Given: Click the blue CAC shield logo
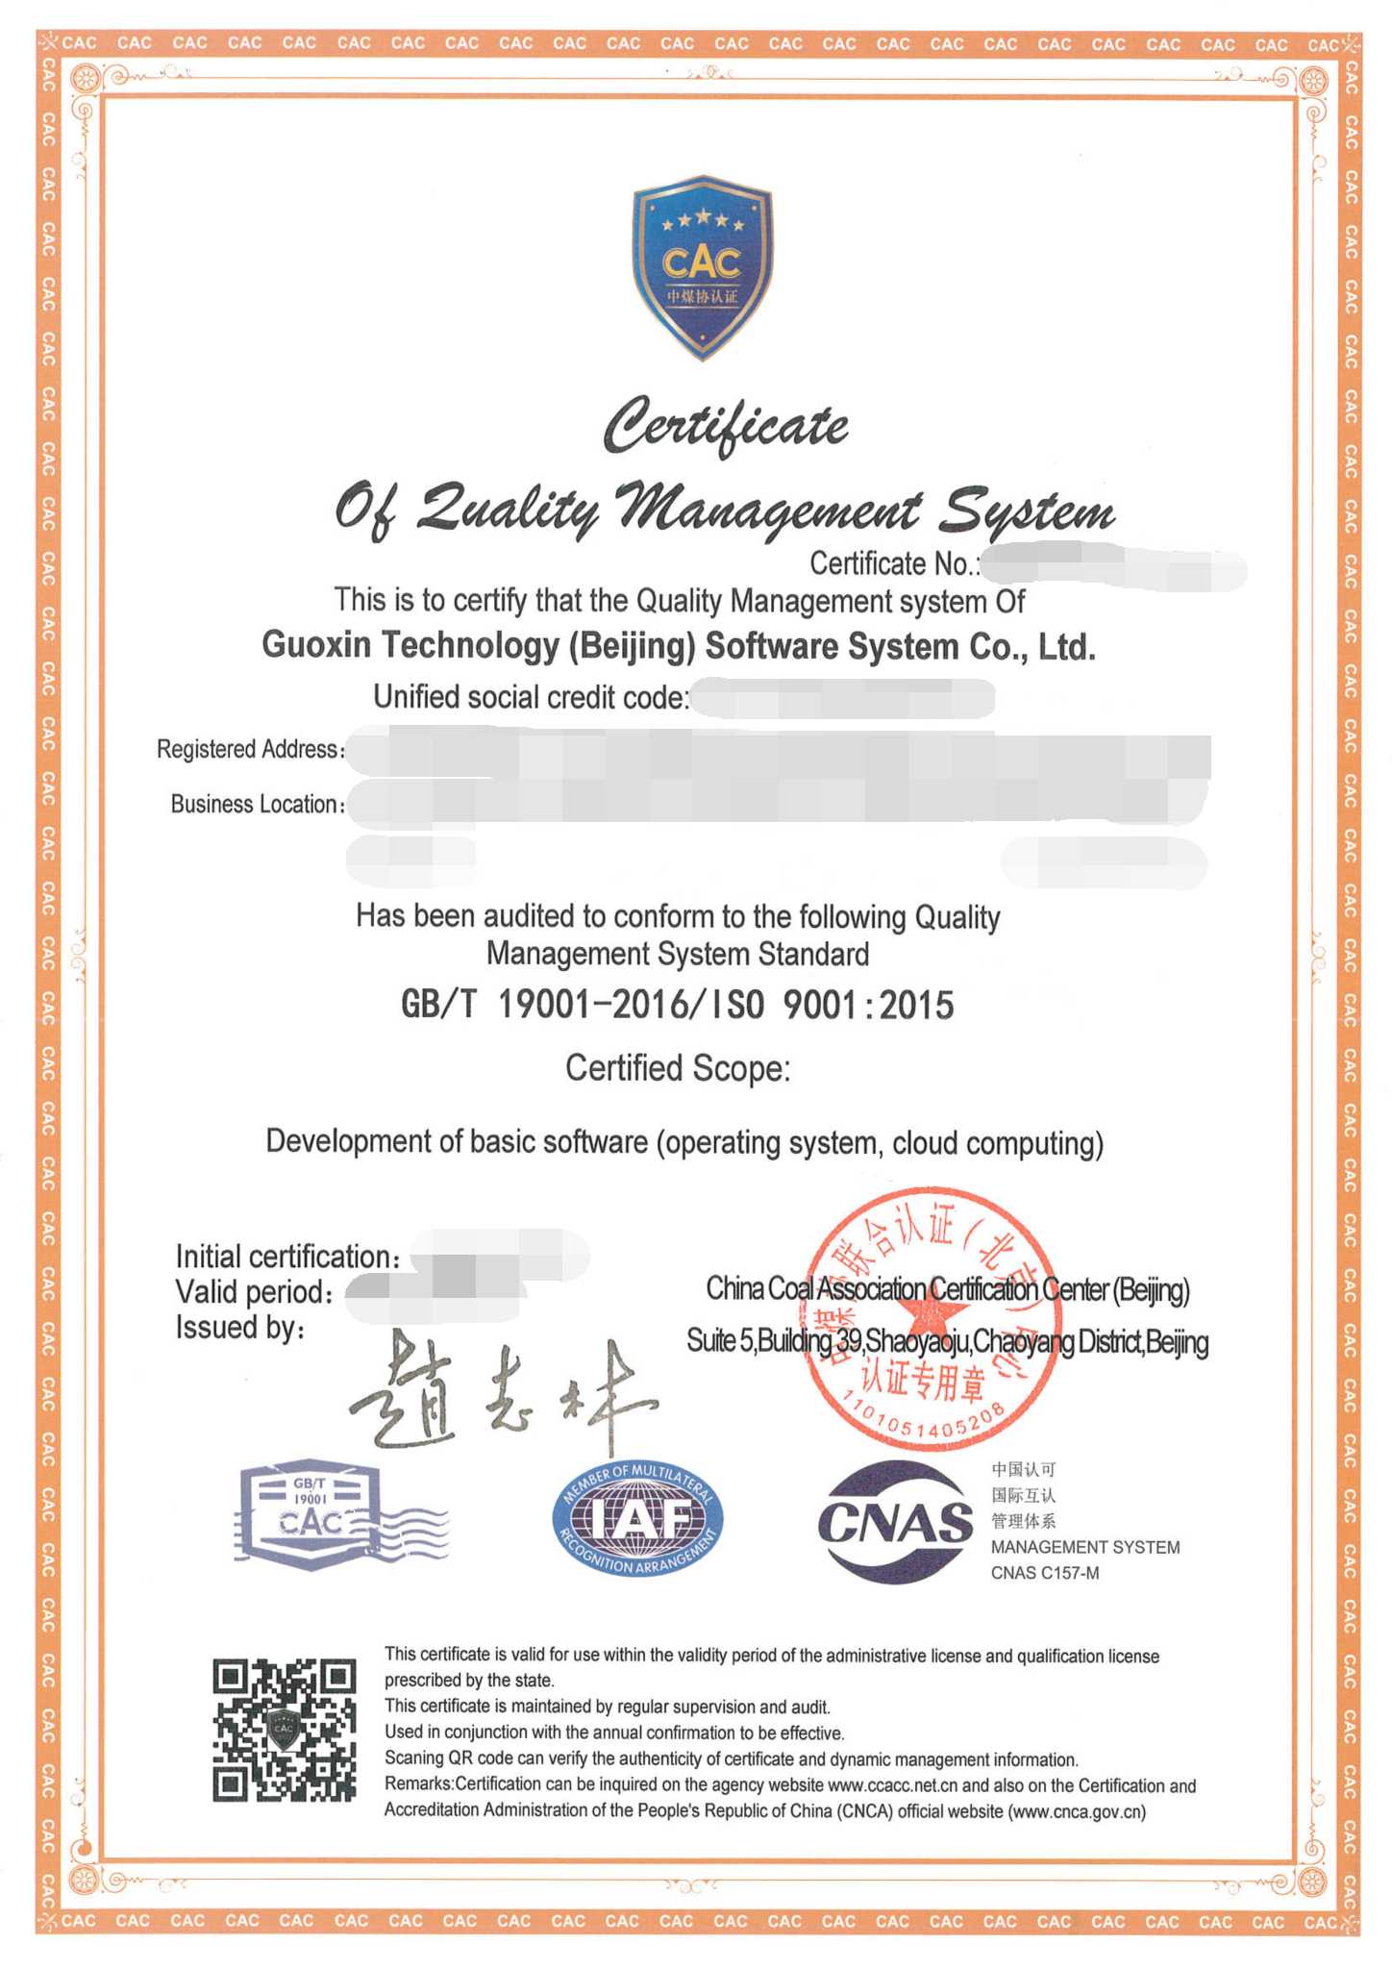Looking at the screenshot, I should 702,267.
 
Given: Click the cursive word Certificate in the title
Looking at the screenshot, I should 726,425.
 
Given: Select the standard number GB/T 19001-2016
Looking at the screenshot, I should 544,1005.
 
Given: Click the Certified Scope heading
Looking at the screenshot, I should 678,1068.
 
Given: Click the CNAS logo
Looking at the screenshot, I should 895,1523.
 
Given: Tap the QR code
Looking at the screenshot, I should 285,1730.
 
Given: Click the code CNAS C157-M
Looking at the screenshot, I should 1045,1574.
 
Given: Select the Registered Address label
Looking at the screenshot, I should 250,749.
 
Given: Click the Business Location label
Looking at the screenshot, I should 257,804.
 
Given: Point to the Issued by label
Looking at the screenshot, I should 240,1328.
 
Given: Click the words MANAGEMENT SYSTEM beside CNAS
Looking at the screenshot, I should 1085,1548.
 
